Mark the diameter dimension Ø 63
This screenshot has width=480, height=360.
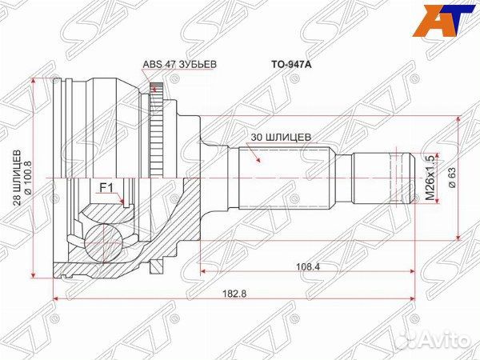tap(450, 178)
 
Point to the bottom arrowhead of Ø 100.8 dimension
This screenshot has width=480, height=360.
tap(36, 275)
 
